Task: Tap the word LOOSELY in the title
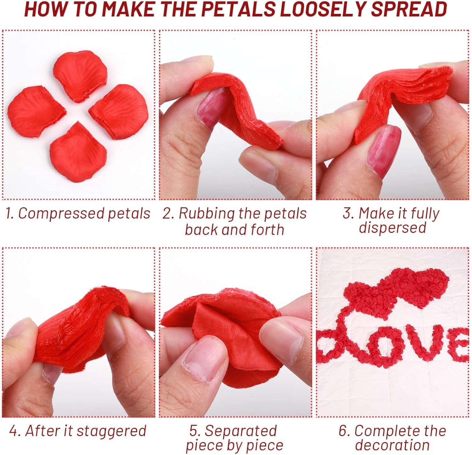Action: pos(322,9)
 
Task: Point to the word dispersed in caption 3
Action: pos(392,227)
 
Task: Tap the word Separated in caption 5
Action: pos(240,431)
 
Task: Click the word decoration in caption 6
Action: pos(392,445)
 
